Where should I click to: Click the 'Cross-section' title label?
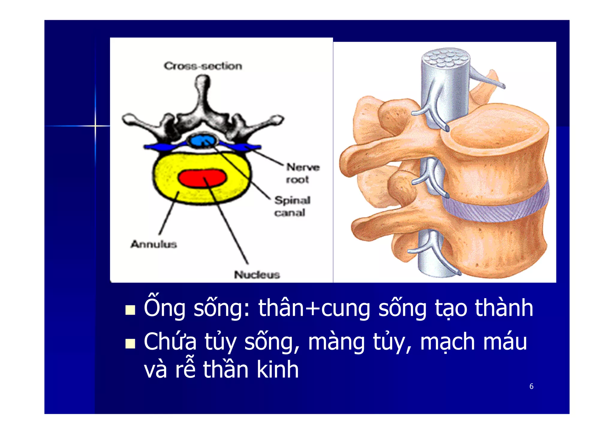tap(203, 66)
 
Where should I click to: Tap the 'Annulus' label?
tap(153, 244)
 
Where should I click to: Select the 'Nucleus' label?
tap(257, 274)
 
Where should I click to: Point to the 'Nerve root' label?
tap(303, 173)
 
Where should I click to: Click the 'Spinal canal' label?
tap(292, 206)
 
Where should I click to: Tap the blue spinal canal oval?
tap(202, 140)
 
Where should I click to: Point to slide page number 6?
tap(531, 386)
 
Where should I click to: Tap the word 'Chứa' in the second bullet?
tap(170, 342)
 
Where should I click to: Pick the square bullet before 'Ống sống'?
tap(130, 310)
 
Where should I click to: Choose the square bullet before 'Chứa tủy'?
tap(130, 344)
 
